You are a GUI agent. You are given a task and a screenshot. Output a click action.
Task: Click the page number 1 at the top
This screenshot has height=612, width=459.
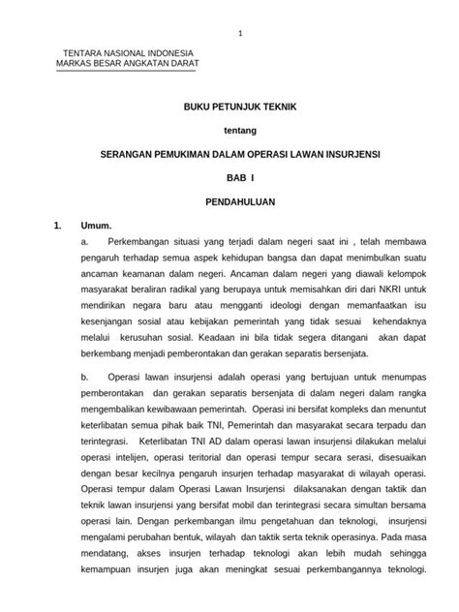[241, 33]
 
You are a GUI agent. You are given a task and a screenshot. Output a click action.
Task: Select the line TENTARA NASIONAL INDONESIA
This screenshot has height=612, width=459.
[128, 53]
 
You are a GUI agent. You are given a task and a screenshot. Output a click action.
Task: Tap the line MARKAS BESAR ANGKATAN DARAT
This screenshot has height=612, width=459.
[130, 64]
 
